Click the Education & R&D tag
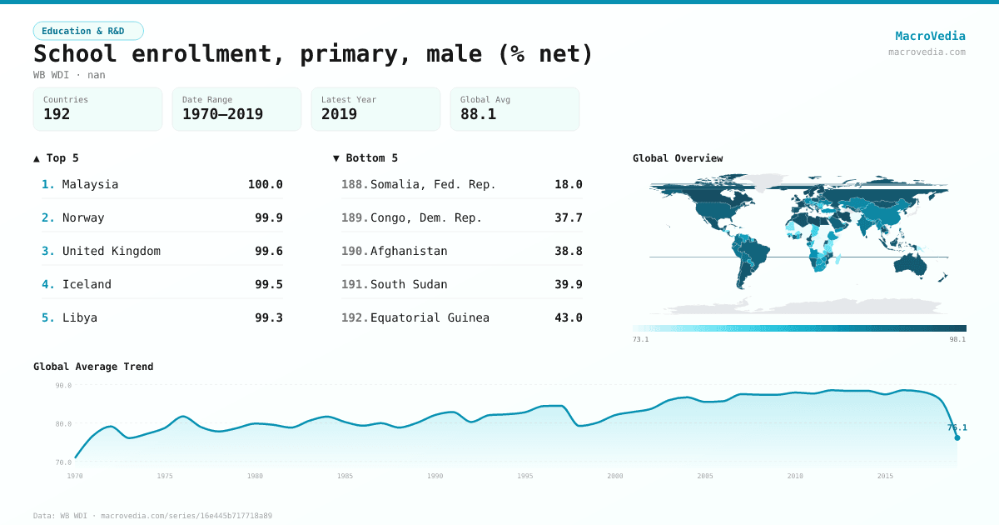[x=88, y=31]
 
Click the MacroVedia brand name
[x=930, y=36]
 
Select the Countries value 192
[x=57, y=114]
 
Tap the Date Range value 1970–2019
[x=222, y=114]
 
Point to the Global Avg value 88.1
[x=478, y=114]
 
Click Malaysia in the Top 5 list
[x=90, y=184]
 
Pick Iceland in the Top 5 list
[x=87, y=284]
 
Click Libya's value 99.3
[x=268, y=317]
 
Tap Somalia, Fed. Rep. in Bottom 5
[x=433, y=184]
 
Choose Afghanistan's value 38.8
[x=568, y=251]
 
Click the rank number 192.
[x=355, y=317]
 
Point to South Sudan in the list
[x=409, y=284]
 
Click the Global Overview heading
[x=678, y=158]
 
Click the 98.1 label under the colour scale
[x=957, y=339]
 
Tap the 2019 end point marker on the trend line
[x=957, y=437]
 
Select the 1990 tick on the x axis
[x=435, y=476]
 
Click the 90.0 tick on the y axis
[x=63, y=386]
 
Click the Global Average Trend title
[x=93, y=367]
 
